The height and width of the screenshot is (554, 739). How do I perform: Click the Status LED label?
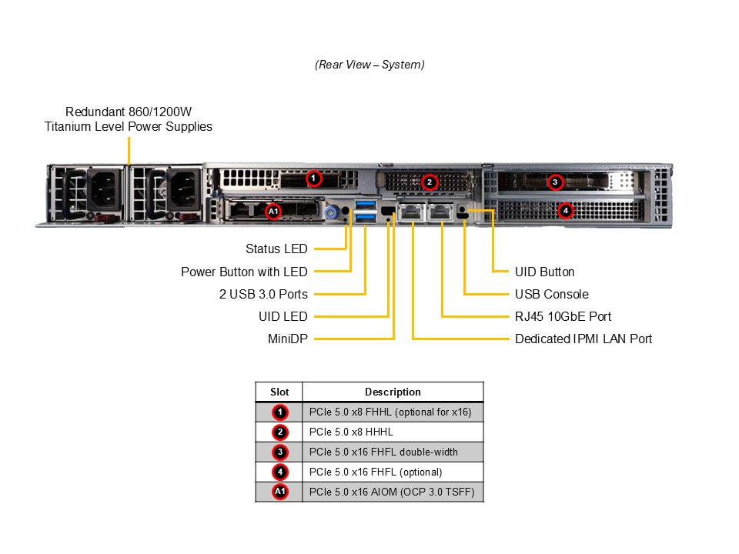(276, 249)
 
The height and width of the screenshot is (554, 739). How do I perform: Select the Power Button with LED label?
(244, 272)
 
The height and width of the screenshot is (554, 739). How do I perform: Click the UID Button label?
(544, 272)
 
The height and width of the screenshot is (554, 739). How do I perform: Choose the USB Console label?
(551, 294)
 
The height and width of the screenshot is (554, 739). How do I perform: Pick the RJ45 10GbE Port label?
(563, 316)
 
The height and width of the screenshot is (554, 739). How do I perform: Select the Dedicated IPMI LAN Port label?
(584, 339)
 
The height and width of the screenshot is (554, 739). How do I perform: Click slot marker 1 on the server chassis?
(313, 179)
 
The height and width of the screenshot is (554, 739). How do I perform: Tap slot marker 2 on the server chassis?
(430, 182)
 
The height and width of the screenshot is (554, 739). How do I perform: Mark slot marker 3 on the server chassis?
(555, 182)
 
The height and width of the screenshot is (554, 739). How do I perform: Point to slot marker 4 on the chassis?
(566, 209)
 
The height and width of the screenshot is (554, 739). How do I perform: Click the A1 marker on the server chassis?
(273, 210)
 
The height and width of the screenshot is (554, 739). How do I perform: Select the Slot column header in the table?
(279, 392)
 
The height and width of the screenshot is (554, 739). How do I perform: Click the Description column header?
(393, 392)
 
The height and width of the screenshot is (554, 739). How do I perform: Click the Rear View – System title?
(369, 65)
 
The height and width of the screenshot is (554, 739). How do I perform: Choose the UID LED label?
(283, 316)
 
